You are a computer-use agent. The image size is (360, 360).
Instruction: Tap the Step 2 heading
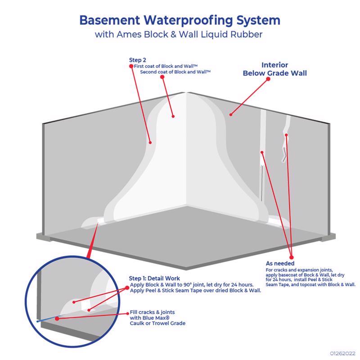[x=137, y=60]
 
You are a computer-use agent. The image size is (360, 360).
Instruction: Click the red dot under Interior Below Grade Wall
[x=269, y=79]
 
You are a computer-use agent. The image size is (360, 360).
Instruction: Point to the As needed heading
[x=280, y=263]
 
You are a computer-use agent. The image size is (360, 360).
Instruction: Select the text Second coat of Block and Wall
[x=175, y=72]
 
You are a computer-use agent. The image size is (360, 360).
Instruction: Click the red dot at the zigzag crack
[x=286, y=135]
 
